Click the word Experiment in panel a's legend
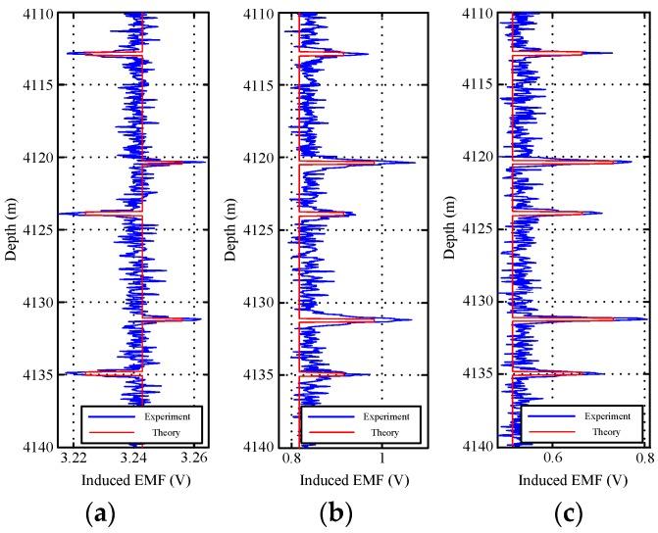tap(166, 416)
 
